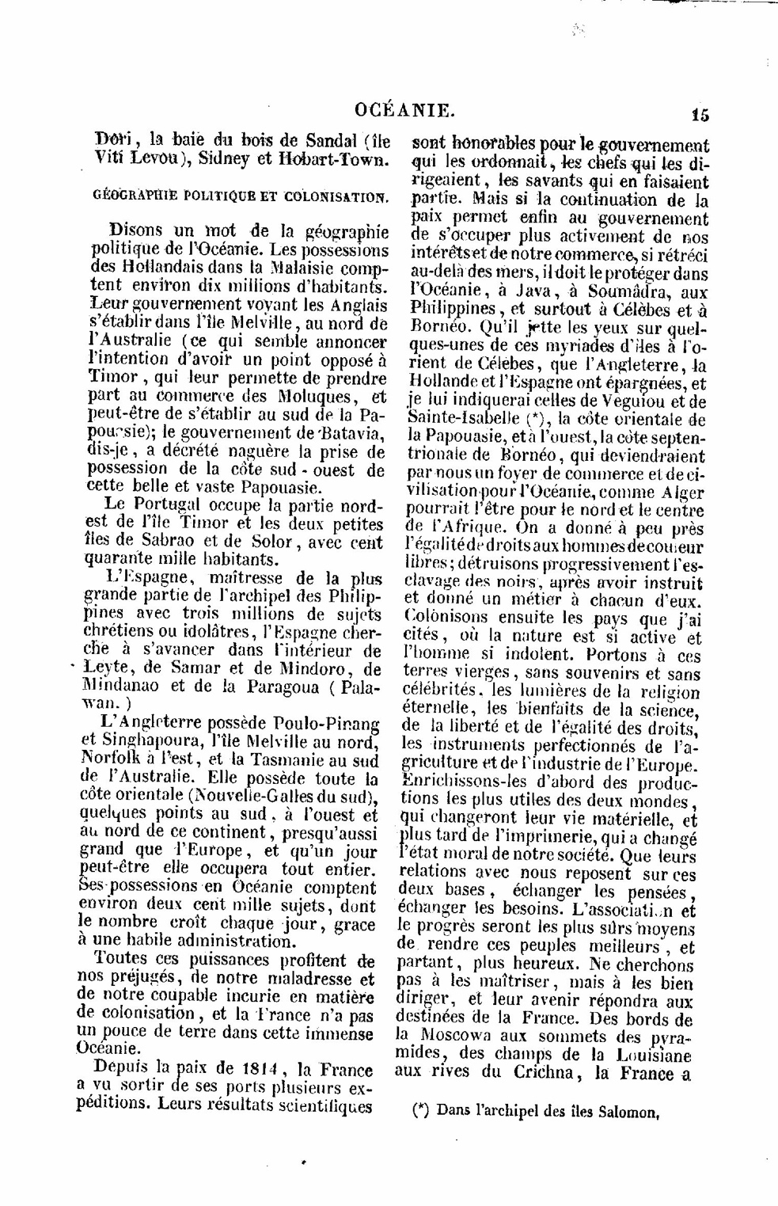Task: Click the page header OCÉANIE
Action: coord(404,111)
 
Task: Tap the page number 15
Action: coord(700,114)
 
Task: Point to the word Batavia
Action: coord(352,432)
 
